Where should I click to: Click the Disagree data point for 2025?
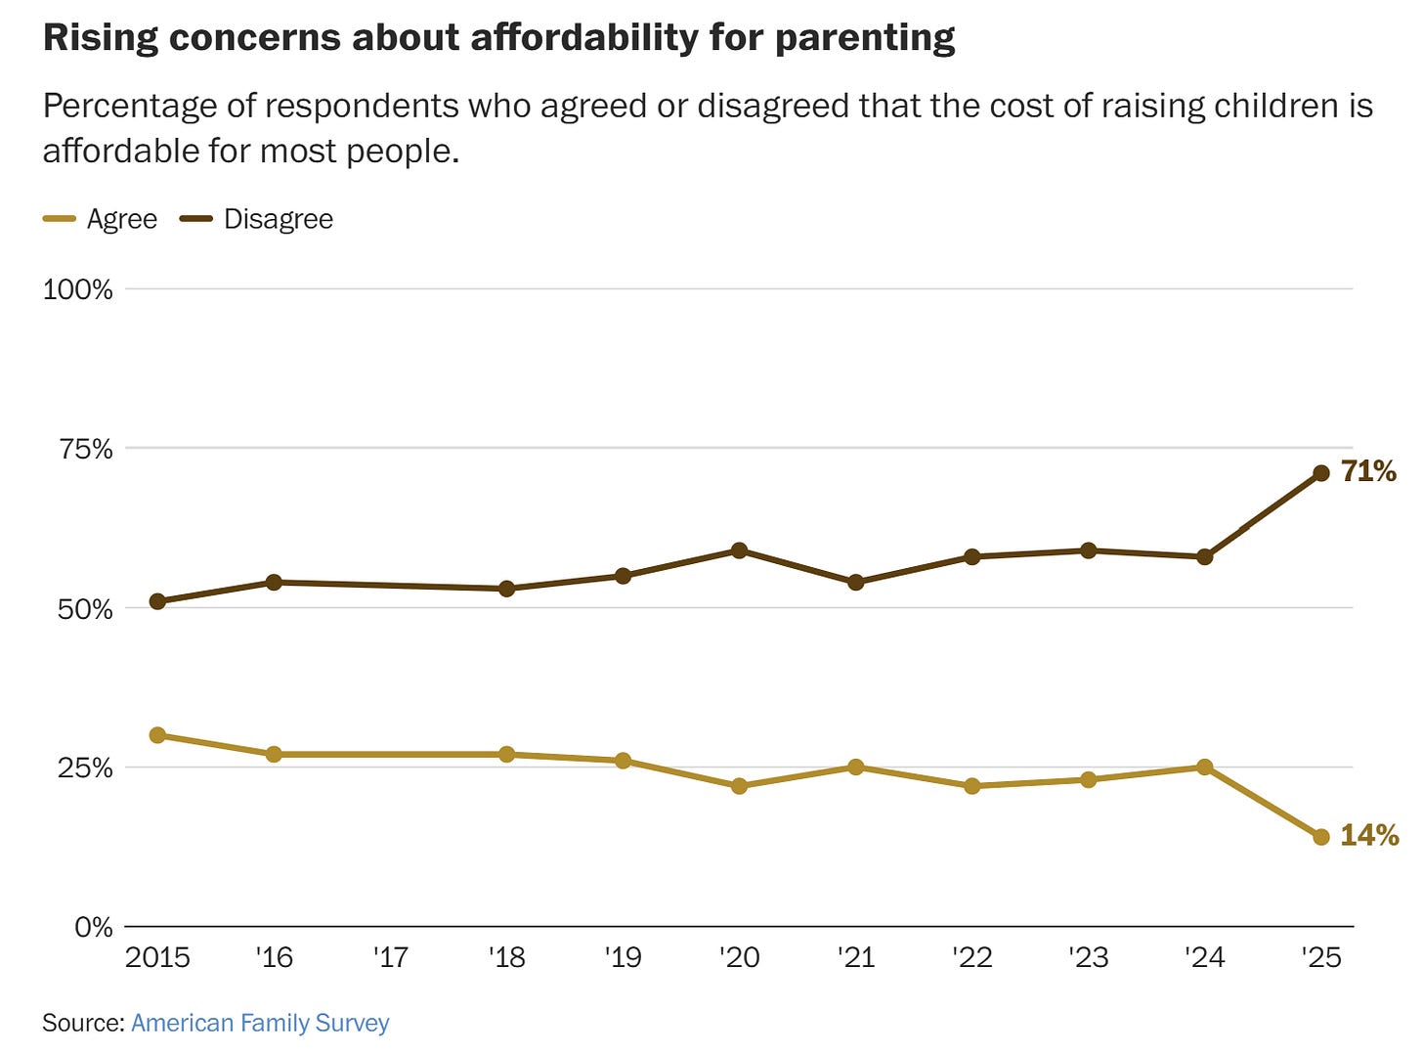[x=1321, y=473]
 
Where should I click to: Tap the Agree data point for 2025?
[x=1321, y=837]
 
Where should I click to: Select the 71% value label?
[x=1368, y=471]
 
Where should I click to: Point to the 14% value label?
[x=1369, y=835]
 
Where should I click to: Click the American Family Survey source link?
[x=260, y=1023]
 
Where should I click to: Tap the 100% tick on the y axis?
[x=78, y=289]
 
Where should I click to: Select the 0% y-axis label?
[x=94, y=927]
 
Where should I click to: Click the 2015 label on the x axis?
[x=157, y=957]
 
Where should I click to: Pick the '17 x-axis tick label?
[x=390, y=957]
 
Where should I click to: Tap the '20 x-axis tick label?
[x=739, y=957]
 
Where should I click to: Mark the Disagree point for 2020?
[x=739, y=550]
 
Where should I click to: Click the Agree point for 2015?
[x=157, y=735]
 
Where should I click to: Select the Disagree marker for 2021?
[x=856, y=583]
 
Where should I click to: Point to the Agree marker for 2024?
[x=1205, y=768]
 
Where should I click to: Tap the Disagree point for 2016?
[x=274, y=583]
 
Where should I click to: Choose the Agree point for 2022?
[x=972, y=786]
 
